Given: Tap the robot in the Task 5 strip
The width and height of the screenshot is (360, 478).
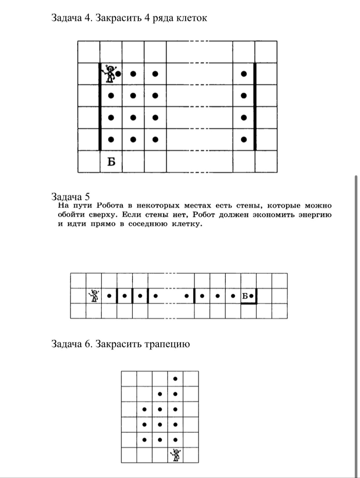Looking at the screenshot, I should [94, 296].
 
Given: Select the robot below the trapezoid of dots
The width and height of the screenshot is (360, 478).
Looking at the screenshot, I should [176, 455].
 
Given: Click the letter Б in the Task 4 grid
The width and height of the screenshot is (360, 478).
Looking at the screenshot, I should [111, 162].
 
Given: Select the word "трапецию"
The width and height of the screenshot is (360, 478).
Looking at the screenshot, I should [168, 343].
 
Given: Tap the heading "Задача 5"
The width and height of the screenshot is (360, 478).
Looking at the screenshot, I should [71, 196].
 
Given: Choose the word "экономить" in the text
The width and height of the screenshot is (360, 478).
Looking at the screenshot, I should [264, 215].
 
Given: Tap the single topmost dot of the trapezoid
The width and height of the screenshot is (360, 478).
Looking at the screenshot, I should [176, 379].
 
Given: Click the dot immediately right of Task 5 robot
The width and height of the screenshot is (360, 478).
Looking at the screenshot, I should [109, 296].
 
